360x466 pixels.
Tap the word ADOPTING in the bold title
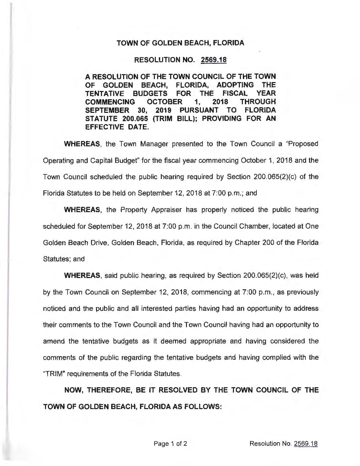[236, 85]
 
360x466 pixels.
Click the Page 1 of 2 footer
[171, 443]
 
